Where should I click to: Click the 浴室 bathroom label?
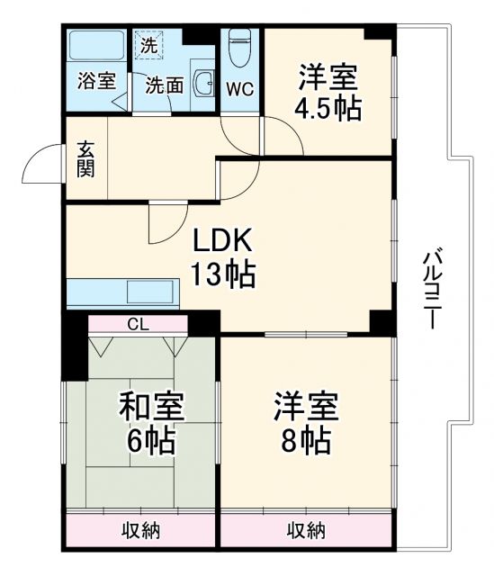[95, 81]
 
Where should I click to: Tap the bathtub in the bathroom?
[95, 46]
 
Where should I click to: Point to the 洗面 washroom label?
[165, 85]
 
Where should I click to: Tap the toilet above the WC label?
[238, 47]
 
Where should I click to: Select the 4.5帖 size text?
[328, 109]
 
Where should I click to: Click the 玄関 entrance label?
[86, 158]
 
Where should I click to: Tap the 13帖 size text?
[222, 273]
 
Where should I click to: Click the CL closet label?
[139, 324]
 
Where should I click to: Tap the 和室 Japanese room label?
[152, 408]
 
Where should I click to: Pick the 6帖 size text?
[152, 441]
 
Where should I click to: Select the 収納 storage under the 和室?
[141, 529]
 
